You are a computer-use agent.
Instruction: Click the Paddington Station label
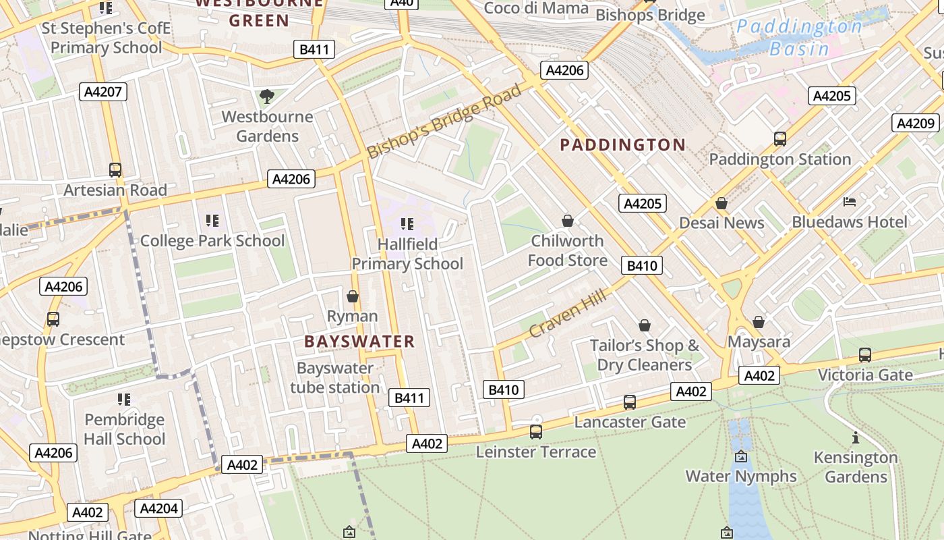pos(779,159)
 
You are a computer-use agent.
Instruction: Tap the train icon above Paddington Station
pos(780,139)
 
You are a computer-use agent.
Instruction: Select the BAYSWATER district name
pos(359,342)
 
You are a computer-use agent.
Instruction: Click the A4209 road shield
pos(916,123)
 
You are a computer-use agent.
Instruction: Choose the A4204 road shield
pos(158,508)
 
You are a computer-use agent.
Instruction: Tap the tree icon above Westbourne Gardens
pos(267,97)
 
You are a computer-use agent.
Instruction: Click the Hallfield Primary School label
pos(407,254)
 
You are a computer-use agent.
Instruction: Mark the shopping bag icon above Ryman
pos(352,296)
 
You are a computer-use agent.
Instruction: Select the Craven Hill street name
pos(568,313)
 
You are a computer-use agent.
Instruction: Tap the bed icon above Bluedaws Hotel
pos(850,202)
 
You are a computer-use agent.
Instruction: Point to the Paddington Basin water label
pos(799,37)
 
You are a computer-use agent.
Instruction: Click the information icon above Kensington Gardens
pos(856,437)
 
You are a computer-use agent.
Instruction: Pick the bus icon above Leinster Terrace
pos(536,431)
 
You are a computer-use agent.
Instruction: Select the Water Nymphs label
pos(741,476)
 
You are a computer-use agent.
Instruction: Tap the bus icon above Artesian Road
pos(115,170)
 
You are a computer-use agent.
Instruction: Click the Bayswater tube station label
pos(335,378)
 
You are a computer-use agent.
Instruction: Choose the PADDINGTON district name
pos(622,144)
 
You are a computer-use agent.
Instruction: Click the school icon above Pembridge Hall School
pos(124,400)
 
